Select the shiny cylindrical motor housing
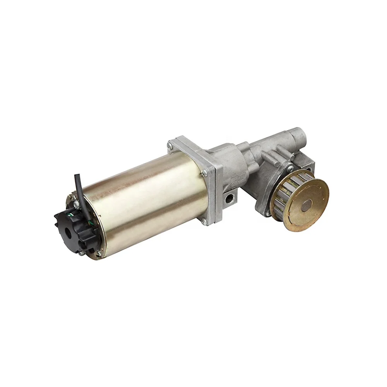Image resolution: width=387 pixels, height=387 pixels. (147, 201)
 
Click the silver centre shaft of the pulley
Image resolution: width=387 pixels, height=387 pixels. (307, 205)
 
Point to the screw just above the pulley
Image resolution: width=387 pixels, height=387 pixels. (289, 168)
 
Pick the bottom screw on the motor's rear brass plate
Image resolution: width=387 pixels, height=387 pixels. (98, 253)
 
